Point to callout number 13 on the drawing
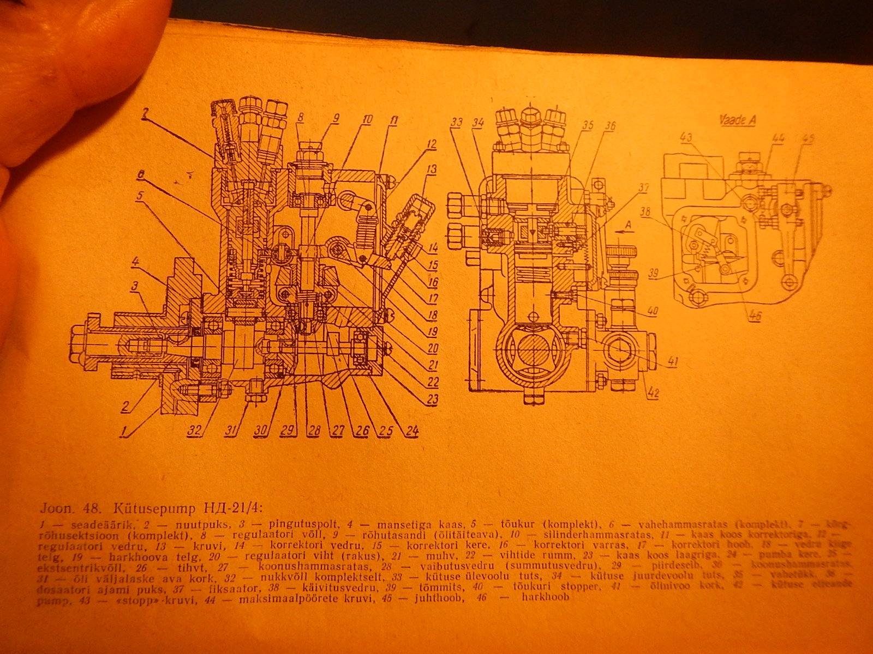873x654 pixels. [432, 170]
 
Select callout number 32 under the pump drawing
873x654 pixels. [195, 431]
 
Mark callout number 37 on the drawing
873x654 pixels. [644, 188]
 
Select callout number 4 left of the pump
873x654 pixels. [134, 261]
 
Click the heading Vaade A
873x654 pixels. [737, 120]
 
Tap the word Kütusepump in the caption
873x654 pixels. [154, 509]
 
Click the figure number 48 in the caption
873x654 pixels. [91, 509]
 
